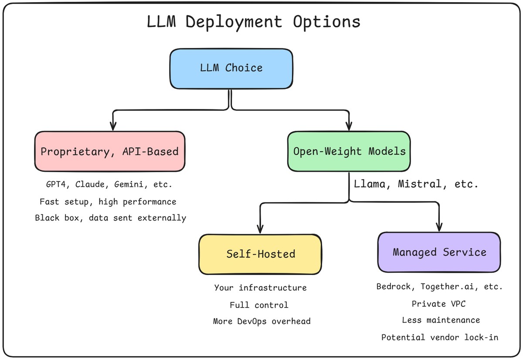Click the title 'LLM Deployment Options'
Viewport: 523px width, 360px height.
point(254,22)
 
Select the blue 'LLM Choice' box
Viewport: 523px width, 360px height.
point(231,68)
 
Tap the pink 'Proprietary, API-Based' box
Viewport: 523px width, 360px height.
point(109,151)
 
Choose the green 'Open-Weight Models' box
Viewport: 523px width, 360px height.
point(349,151)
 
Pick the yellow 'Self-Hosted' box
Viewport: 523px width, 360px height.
point(261,254)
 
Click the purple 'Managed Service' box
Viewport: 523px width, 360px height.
point(439,252)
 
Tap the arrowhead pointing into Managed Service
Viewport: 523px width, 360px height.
point(439,228)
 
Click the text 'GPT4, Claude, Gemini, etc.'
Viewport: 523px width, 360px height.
point(109,184)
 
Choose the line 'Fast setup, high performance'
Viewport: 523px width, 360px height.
point(108,202)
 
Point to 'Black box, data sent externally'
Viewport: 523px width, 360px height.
point(111,218)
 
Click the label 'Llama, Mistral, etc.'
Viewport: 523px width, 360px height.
point(416,184)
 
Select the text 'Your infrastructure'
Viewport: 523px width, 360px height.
point(260,288)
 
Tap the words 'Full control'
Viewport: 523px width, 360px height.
point(259,305)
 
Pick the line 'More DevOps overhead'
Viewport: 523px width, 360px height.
point(261,321)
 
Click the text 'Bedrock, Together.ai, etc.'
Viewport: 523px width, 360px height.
point(439,287)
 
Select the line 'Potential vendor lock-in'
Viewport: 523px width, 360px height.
point(440,337)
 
